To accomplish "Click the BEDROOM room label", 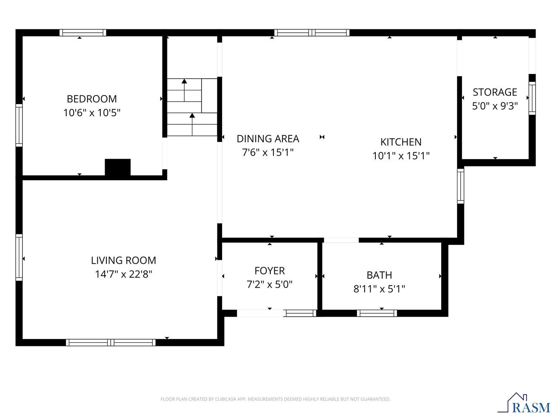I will tap(92, 99).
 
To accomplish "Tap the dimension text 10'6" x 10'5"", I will tap(92, 113).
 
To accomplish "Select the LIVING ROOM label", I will tap(124, 260).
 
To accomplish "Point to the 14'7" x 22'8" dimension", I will tap(124, 274).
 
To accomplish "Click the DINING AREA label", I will tap(268, 139).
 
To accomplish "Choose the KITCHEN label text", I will tap(401, 142).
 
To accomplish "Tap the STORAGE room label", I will tap(495, 92).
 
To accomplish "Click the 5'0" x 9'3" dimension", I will tap(495, 106).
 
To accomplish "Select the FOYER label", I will tap(269, 271).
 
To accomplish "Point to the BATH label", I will tap(379, 274).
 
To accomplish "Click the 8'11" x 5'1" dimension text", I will tap(379, 289).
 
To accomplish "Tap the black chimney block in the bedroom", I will tap(118, 167).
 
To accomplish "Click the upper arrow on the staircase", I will tap(184, 82).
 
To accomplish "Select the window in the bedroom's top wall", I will tap(83, 33).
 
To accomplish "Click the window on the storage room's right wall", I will tap(532, 98).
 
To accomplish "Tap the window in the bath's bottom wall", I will tap(377, 313).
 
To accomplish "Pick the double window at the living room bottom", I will tap(111, 342).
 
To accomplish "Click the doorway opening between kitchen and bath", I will tap(341, 240).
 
